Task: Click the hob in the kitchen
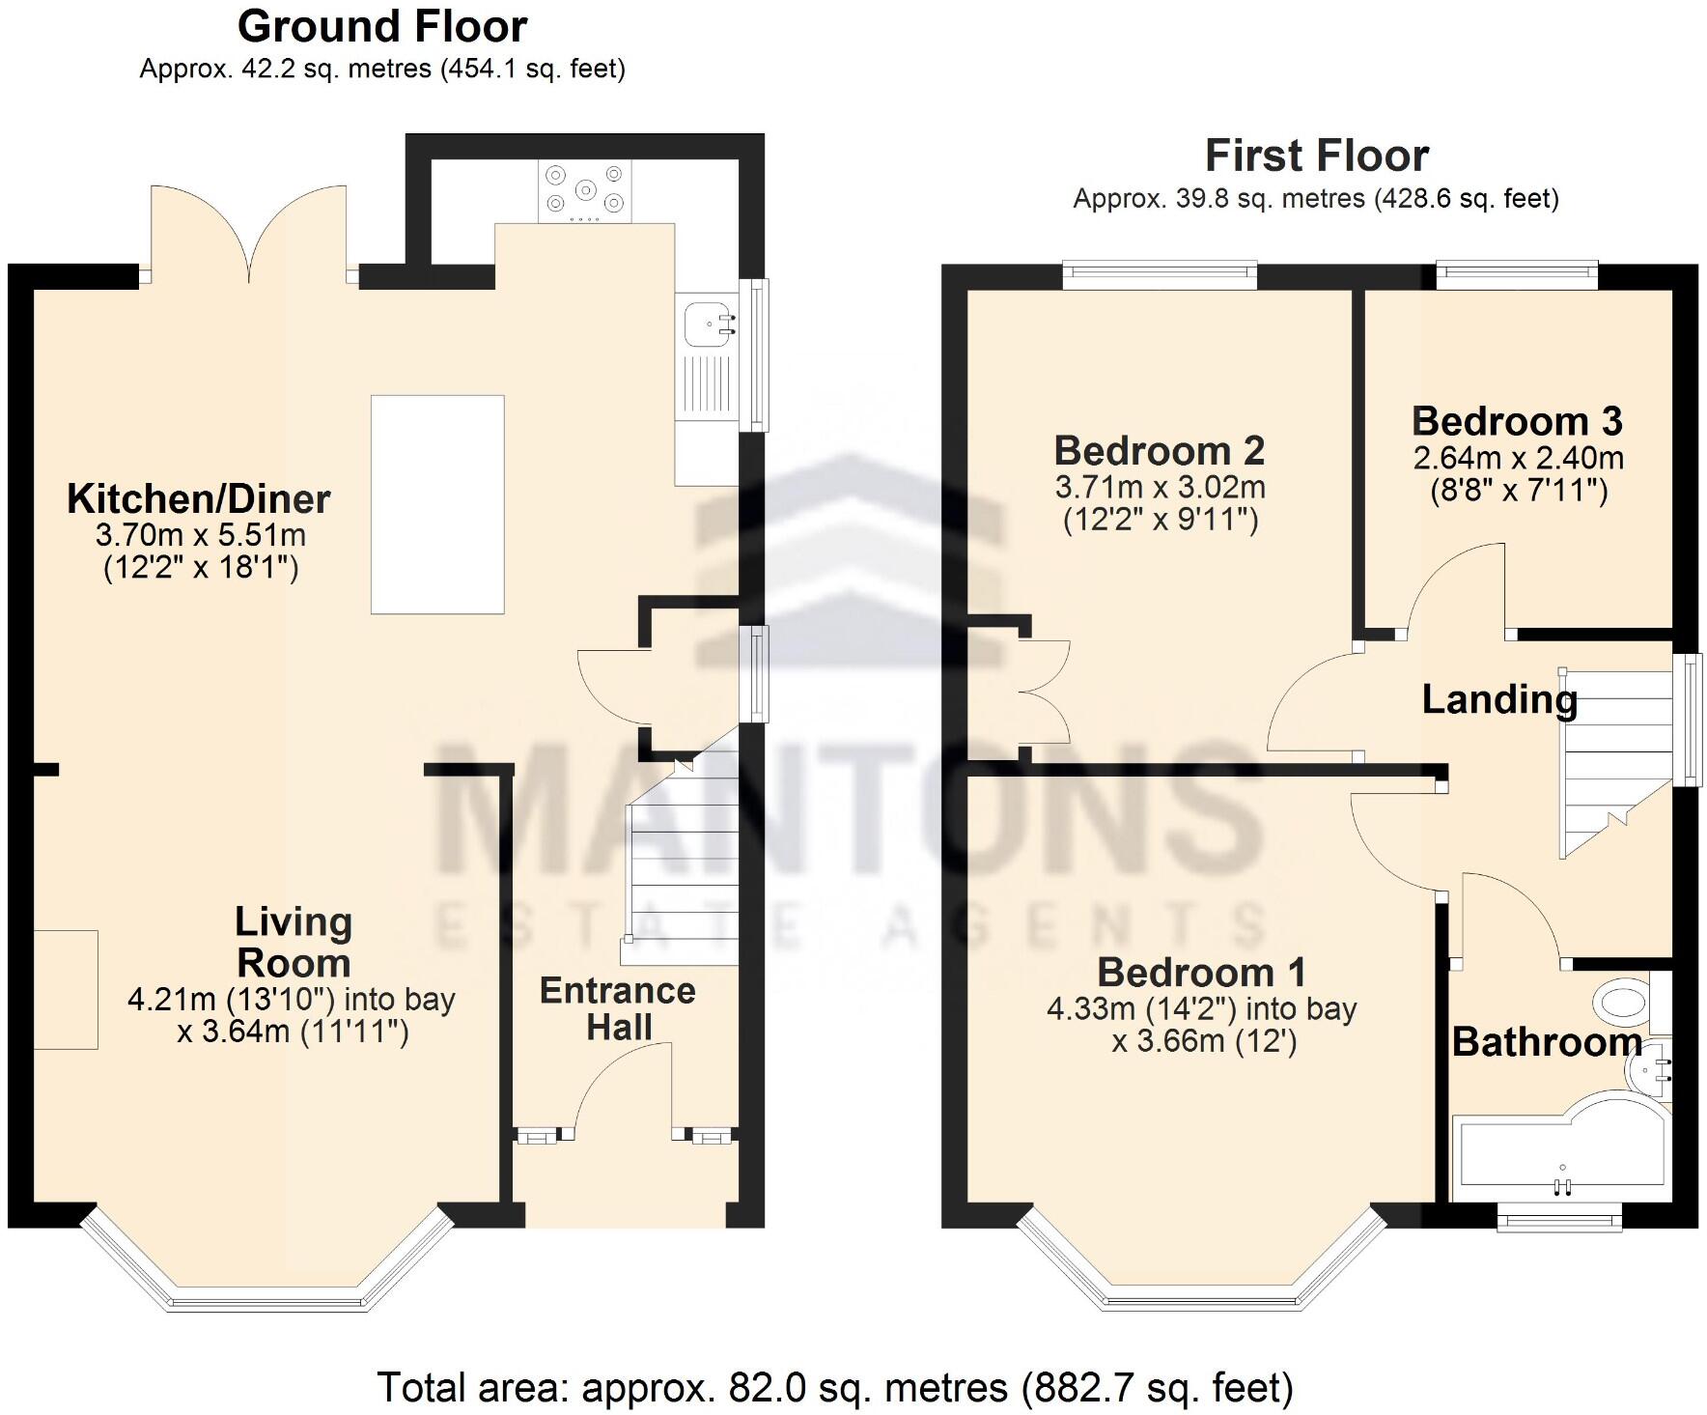coord(585,190)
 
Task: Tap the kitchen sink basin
coord(710,323)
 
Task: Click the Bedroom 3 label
coord(1517,422)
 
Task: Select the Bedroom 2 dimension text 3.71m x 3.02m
coord(1160,487)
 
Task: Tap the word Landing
coord(1498,699)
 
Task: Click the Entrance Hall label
coord(618,1008)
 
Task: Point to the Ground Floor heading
coord(382,26)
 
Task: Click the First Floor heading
coord(1316,156)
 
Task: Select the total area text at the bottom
coord(834,1387)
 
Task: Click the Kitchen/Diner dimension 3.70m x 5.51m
coord(200,534)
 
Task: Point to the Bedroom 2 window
coord(1160,275)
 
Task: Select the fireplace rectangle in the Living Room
coord(66,989)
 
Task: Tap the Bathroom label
coord(1545,1042)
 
